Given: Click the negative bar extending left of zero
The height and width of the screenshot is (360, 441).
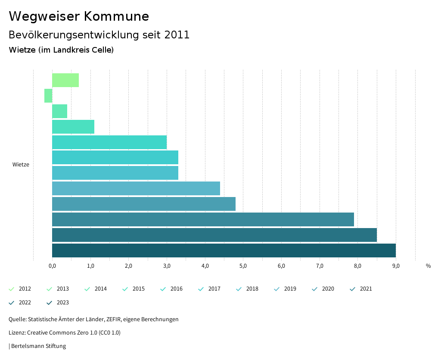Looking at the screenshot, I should [48, 96].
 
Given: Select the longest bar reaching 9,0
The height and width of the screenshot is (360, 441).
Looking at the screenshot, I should [224, 250].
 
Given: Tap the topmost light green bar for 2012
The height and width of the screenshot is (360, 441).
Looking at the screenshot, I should [65, 80].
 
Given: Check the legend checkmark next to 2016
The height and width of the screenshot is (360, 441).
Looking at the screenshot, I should [163, 289].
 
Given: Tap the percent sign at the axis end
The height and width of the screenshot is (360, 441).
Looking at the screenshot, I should [428, 266].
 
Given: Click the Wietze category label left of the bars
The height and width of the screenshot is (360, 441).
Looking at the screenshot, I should [21, 165].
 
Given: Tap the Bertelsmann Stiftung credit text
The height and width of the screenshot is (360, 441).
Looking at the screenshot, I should [38, 346].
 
